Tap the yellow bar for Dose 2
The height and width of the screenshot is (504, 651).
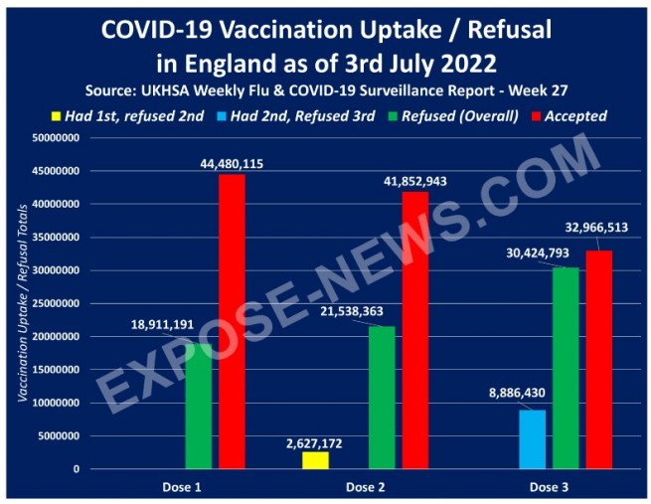(314, 460)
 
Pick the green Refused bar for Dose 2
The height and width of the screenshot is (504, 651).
(382, 397)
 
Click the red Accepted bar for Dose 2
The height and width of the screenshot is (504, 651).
(415, 329)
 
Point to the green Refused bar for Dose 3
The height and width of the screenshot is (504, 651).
(566, 368)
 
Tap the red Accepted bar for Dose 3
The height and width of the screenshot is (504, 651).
(599, 359)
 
